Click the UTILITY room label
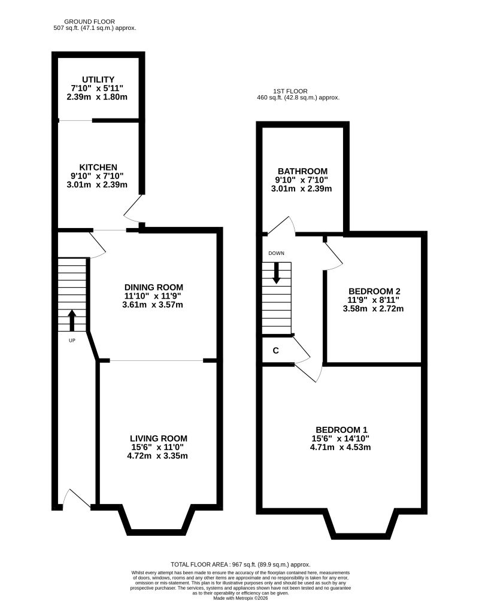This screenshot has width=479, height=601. tap(98, 80)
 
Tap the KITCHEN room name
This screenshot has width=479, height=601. tap(98, 167)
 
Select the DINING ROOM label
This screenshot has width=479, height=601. tap(154, 287)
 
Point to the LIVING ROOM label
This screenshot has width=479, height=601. tap(159, 439)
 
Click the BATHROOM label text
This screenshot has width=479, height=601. tap(302, 171)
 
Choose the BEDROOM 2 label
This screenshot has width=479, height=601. tap(374, 292)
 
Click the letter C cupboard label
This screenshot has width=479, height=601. tap(276, 351)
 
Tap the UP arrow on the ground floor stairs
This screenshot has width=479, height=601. tap(72, 320)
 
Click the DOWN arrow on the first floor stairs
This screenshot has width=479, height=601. tap(276, 273)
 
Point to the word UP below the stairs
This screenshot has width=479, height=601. tap(72, 341)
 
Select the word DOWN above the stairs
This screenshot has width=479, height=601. tap(276, 253)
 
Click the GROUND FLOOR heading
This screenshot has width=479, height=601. tap(89, 22)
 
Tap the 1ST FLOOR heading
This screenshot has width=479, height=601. tap(290, 91)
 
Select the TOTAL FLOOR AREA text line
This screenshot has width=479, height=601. tap(241, 564)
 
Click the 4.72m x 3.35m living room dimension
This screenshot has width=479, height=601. tap(157, 456)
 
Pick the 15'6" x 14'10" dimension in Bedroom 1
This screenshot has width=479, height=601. tap(341, 439)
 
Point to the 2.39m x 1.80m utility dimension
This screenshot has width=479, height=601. tap(97, 96)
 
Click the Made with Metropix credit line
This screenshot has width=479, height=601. tap(241, 598)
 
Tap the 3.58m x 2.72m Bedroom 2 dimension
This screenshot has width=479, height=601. tap(373, 308)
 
